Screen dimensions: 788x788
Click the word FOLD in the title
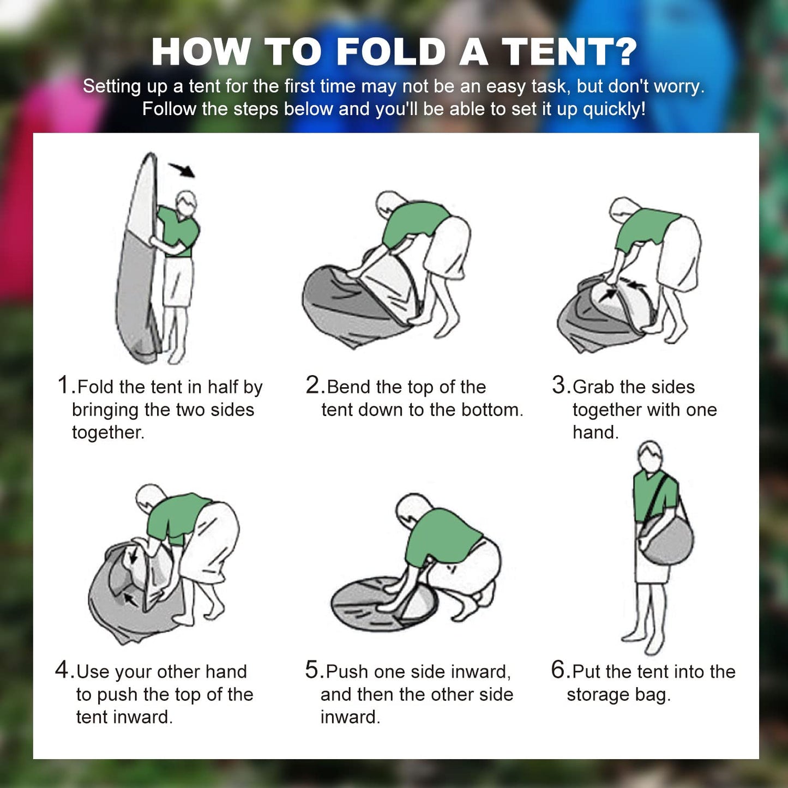click(392, 52)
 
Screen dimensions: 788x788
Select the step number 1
click(64, 385)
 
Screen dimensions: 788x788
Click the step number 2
click(313, 385)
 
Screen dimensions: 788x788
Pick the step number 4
click(62, 670)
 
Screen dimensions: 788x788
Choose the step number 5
click(312, 670)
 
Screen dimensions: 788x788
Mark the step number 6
click(559, 670)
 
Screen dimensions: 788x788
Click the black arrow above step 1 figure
click(182, 170)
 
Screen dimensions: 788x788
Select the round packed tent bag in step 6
click(666, 539)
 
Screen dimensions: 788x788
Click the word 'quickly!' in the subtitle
click(614, 109)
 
